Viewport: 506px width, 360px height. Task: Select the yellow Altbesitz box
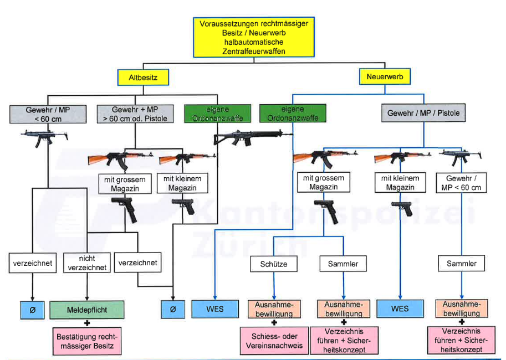(144, 78)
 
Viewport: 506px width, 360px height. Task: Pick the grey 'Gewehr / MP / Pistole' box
(423, 113)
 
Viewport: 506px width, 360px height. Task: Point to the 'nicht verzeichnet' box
(87, 263)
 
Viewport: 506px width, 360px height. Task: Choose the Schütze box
(274, 264)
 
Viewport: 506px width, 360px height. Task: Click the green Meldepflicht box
(87, 309)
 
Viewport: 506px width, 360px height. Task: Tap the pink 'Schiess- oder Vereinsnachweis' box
(274, 341)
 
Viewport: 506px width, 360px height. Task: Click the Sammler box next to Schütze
(342, 264)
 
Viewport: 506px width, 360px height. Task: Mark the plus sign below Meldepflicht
(87, 323)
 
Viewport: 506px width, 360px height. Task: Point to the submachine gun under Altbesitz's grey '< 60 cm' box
(43, 136)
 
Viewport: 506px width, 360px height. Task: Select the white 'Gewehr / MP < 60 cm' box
(462, 183)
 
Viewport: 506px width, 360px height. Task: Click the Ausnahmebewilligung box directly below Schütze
(274, 309)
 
